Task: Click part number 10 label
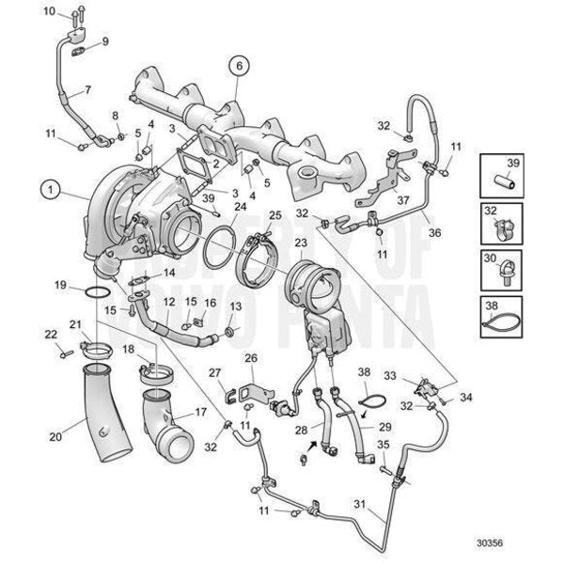click(50, 12)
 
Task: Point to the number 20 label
click(55, 436)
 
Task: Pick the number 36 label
click(459, 233)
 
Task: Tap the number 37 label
click(401, 199)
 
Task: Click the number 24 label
click(240, 206)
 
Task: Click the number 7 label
click(86, 91)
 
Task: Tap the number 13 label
click(235, 307)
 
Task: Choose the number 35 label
click(383, 445)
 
